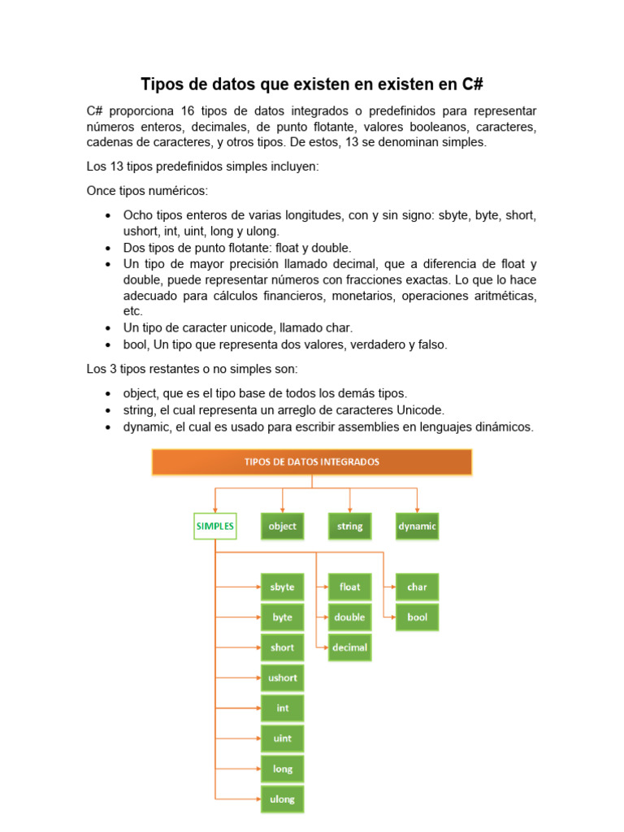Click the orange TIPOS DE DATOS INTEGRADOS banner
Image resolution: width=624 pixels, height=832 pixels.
click(312, 461)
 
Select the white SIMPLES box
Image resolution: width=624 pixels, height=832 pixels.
click(214, 526)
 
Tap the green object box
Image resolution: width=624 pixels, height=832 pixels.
click(282, 526)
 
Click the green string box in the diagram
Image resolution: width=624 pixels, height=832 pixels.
click(349, 526)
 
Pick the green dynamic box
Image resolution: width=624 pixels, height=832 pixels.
click(417, 526)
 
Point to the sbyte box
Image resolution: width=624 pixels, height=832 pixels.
click(282, 587)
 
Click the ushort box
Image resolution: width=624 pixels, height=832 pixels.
click(282, 678)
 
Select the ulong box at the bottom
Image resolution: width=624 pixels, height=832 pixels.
click(282, 799)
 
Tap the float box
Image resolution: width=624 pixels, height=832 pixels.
click(349, 587)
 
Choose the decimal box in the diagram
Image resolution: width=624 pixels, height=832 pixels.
click(349, 648)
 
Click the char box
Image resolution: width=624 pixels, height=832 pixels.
click(417, 587)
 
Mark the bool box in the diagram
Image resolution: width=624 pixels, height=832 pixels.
click(417, 617)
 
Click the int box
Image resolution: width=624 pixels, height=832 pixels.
click(282, 708)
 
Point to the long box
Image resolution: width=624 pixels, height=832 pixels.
click(282, 769)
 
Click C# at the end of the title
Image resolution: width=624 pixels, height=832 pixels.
click(472, 84)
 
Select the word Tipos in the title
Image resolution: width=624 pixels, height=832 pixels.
click(161, 84)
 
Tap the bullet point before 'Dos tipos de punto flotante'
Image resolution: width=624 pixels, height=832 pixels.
click(108, 249)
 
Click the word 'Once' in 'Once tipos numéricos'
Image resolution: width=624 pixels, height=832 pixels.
click(102, 190)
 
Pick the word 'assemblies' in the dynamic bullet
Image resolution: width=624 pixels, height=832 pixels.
click(352, 427)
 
